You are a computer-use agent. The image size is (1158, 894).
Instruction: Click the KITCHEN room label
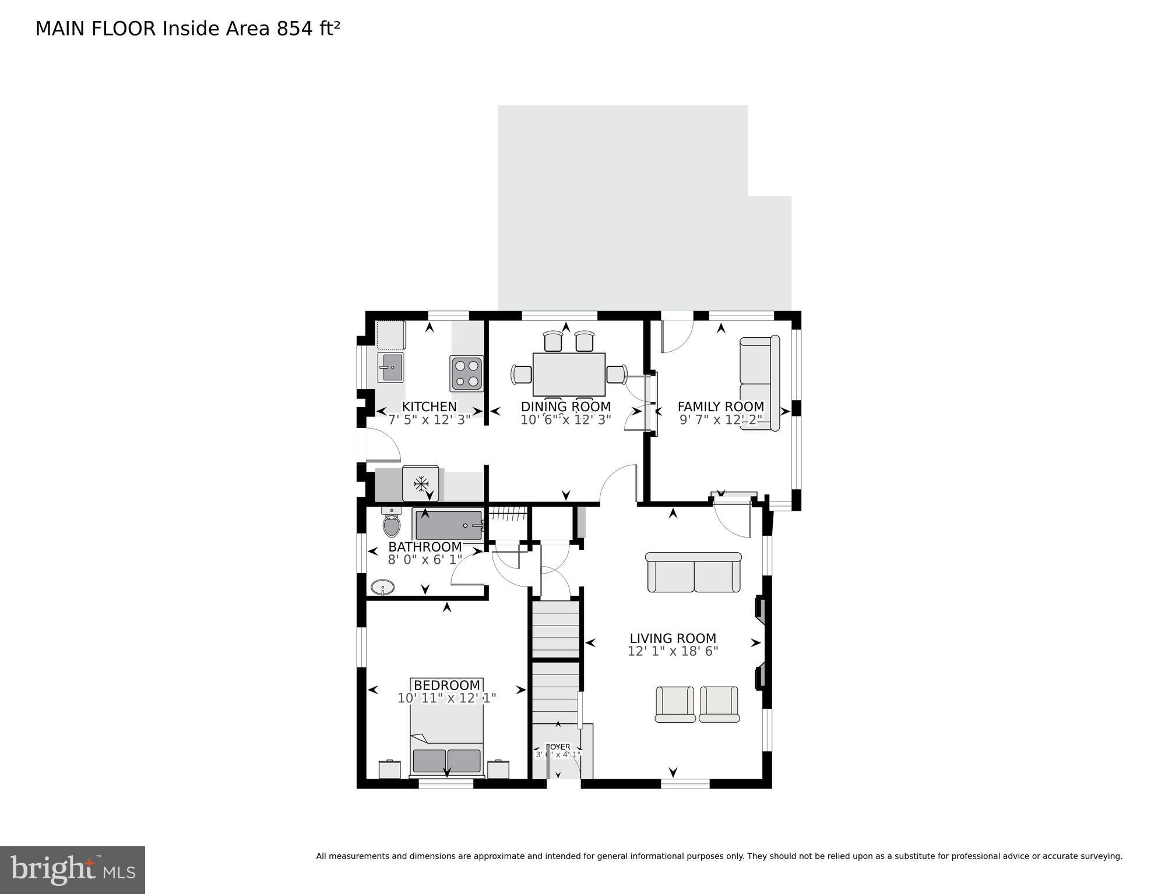pyautogui.click(x=429, y=407)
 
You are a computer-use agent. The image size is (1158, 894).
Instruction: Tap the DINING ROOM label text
pyautogui.click(x=565, y=407)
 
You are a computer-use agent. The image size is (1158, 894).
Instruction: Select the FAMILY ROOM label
pyautogui.click(x=720, y=407)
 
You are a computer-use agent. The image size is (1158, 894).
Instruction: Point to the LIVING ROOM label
pyautogui.click(x=673, y=638)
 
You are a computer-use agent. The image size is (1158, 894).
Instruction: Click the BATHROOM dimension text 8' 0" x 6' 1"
pyautogui.click(x=425, y=560)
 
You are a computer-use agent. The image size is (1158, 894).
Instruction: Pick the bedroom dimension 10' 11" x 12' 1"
pyautogui.click(x=446, y=698)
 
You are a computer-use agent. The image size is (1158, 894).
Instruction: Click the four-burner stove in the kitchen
pyautogui.click(x=466, y=373)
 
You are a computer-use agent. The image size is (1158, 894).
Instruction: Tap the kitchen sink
pyautogui.click(x=390, y=368)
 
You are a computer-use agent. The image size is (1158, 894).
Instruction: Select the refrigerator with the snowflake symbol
pyautogui.click(x=420, y=483)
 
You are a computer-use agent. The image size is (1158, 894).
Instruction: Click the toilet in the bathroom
pyautogui.click(x=392, y=523)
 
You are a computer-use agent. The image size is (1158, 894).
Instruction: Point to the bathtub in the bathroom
pyautogui.click(x=448, y=525)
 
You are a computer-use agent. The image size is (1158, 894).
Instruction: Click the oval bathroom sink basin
pyautogui.click(x=382, y=587)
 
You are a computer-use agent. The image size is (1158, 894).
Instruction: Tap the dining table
pyautogui.click(x=568, y=374)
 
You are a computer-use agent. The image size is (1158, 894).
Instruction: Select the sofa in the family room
pyautogui.click(x=759, y=383)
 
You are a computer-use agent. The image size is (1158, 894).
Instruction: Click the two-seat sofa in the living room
pyautogui.click(x=694, y=573)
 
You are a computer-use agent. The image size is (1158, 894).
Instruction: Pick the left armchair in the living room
pyautogui.click(x=675, y=704)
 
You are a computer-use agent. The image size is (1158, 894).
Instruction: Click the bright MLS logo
pyautogui.click(x=72, y=870)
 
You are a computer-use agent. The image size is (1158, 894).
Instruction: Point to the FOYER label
pyautogui.click(x=558, y=747)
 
